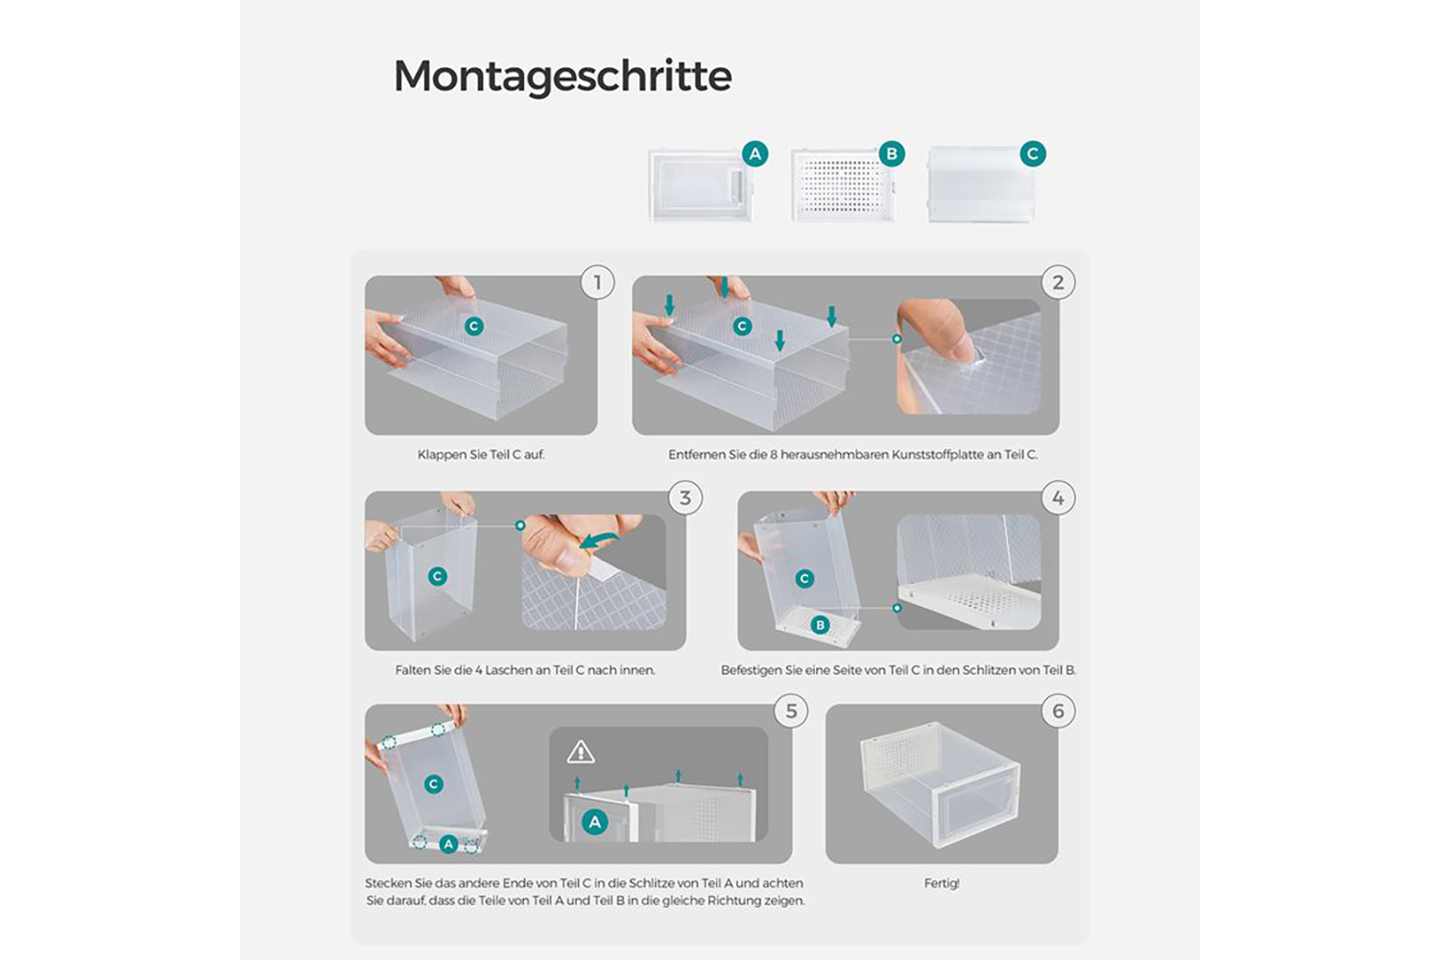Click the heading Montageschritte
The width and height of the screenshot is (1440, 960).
tap(563, 77)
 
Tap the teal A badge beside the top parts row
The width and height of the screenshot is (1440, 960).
tap(755, 154)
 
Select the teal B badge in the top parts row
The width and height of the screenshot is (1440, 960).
tap(892, 154)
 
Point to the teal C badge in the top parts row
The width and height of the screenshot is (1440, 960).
tap(1032, 154)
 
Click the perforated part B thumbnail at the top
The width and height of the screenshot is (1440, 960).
tap(844, 186)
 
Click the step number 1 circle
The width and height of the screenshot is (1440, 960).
tap(597, 282)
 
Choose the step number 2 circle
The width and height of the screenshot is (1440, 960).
tap(1058, 282)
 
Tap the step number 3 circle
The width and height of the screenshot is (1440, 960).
tap(685, 497)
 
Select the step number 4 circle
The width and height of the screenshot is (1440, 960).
tap(1058, 497)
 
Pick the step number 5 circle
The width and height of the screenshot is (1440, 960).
tap(791, 710)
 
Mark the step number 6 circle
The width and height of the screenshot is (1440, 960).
tap(1058, 710)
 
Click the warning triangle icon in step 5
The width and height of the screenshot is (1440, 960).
tap(581, 752)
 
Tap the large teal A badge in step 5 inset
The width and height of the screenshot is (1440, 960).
tap(594, 821)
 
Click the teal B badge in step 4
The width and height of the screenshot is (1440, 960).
tap(820, 624)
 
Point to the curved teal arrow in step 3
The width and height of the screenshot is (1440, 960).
tap(600, 540)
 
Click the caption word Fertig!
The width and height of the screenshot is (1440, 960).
tap(942, 883)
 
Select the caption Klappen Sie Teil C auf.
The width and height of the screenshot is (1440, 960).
tap(481, 455)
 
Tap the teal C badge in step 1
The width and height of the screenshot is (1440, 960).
tap(474, 326)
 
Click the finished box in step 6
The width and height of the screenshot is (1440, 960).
tap(940, 783)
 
